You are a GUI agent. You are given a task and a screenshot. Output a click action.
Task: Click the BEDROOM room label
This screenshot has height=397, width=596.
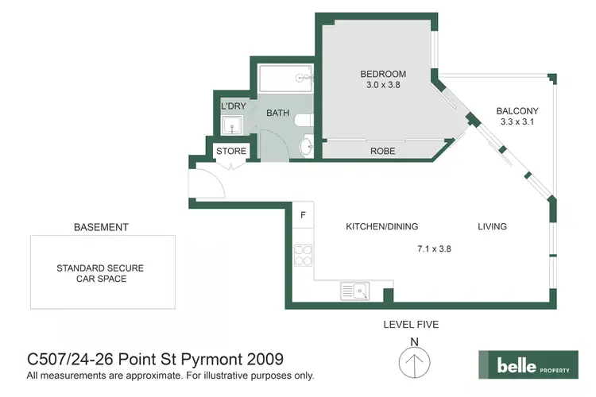(377, 75)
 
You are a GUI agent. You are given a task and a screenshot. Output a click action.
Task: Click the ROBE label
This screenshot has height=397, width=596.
(383, 151)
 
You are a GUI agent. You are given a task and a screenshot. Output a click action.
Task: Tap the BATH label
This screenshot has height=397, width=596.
(277, 114)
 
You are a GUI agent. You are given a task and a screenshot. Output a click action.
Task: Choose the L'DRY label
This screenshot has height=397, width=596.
(233, 106)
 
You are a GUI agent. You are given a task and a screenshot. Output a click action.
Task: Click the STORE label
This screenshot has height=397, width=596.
(231, 151)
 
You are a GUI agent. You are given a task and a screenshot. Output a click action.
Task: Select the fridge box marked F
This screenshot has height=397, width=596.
(303, 214)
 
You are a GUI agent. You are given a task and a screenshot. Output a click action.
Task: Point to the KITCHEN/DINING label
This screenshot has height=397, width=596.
(381, 227)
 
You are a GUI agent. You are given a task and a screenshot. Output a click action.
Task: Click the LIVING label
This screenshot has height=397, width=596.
(492, 227)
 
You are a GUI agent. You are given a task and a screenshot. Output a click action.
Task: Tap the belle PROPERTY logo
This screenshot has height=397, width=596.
(527, 365)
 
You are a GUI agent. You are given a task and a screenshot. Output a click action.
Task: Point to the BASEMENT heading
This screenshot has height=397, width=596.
(101, 227)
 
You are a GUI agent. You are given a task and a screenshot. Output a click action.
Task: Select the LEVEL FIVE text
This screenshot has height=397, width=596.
(411, 324)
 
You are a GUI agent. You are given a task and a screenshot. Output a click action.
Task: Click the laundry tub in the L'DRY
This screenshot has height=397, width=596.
(232, 125)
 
